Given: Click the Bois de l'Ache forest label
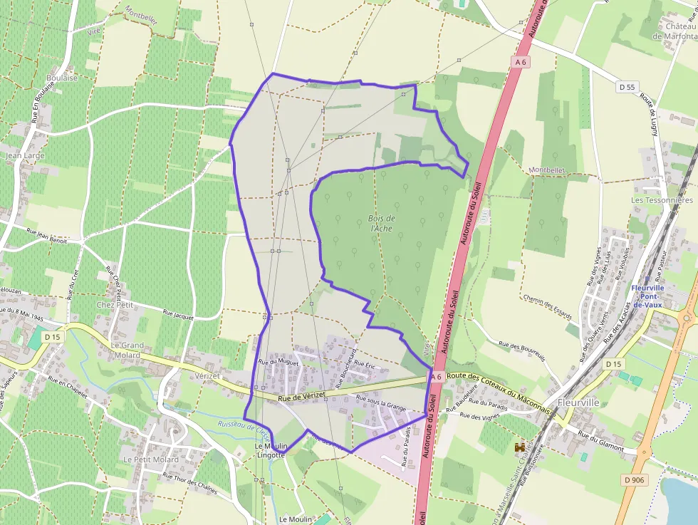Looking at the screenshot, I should [x=382, y=223].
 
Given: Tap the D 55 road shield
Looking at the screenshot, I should [x=627, y=87].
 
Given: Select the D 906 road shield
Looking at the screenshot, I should [x=633, y=480].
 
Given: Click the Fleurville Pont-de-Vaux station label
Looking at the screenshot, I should [x=647, y=296].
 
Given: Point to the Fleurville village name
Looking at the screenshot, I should [x=578, y=402].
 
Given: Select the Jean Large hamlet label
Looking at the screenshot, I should [x=24, y=155].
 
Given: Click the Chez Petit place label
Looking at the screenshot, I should [x=115, y=304].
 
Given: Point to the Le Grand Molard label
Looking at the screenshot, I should [x=127, y=350].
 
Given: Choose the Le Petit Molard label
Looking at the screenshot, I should [x=151, y=459].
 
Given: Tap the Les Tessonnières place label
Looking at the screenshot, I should [x=662, y=200].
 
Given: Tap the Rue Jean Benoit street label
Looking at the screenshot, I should [x=46, y=236].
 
